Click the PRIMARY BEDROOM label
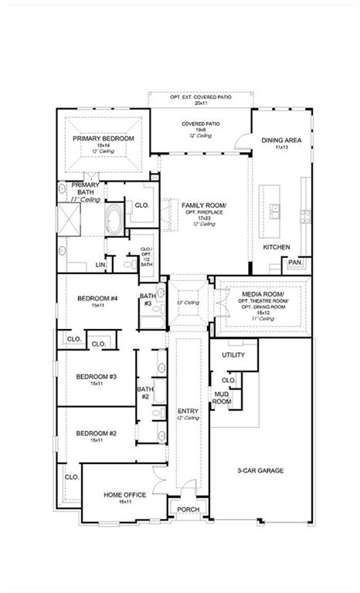click(x=104, y=138)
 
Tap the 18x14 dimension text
click(x=104, y=145)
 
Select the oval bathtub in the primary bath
click(x=114, y=218)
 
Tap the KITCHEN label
click(x=277, y=247)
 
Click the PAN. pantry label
click(x=295, y=263)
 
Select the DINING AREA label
click(x=279, y=141)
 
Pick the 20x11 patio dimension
click(x=201, y=103)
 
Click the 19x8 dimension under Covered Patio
click(x=200, y=130)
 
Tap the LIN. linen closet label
click(x=100, y=265)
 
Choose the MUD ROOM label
click(x=222, y=398)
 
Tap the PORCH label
click(x=188, y=510)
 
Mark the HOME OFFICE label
click(x=124, y=494)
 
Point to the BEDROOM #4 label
click(x=97, y=299)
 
